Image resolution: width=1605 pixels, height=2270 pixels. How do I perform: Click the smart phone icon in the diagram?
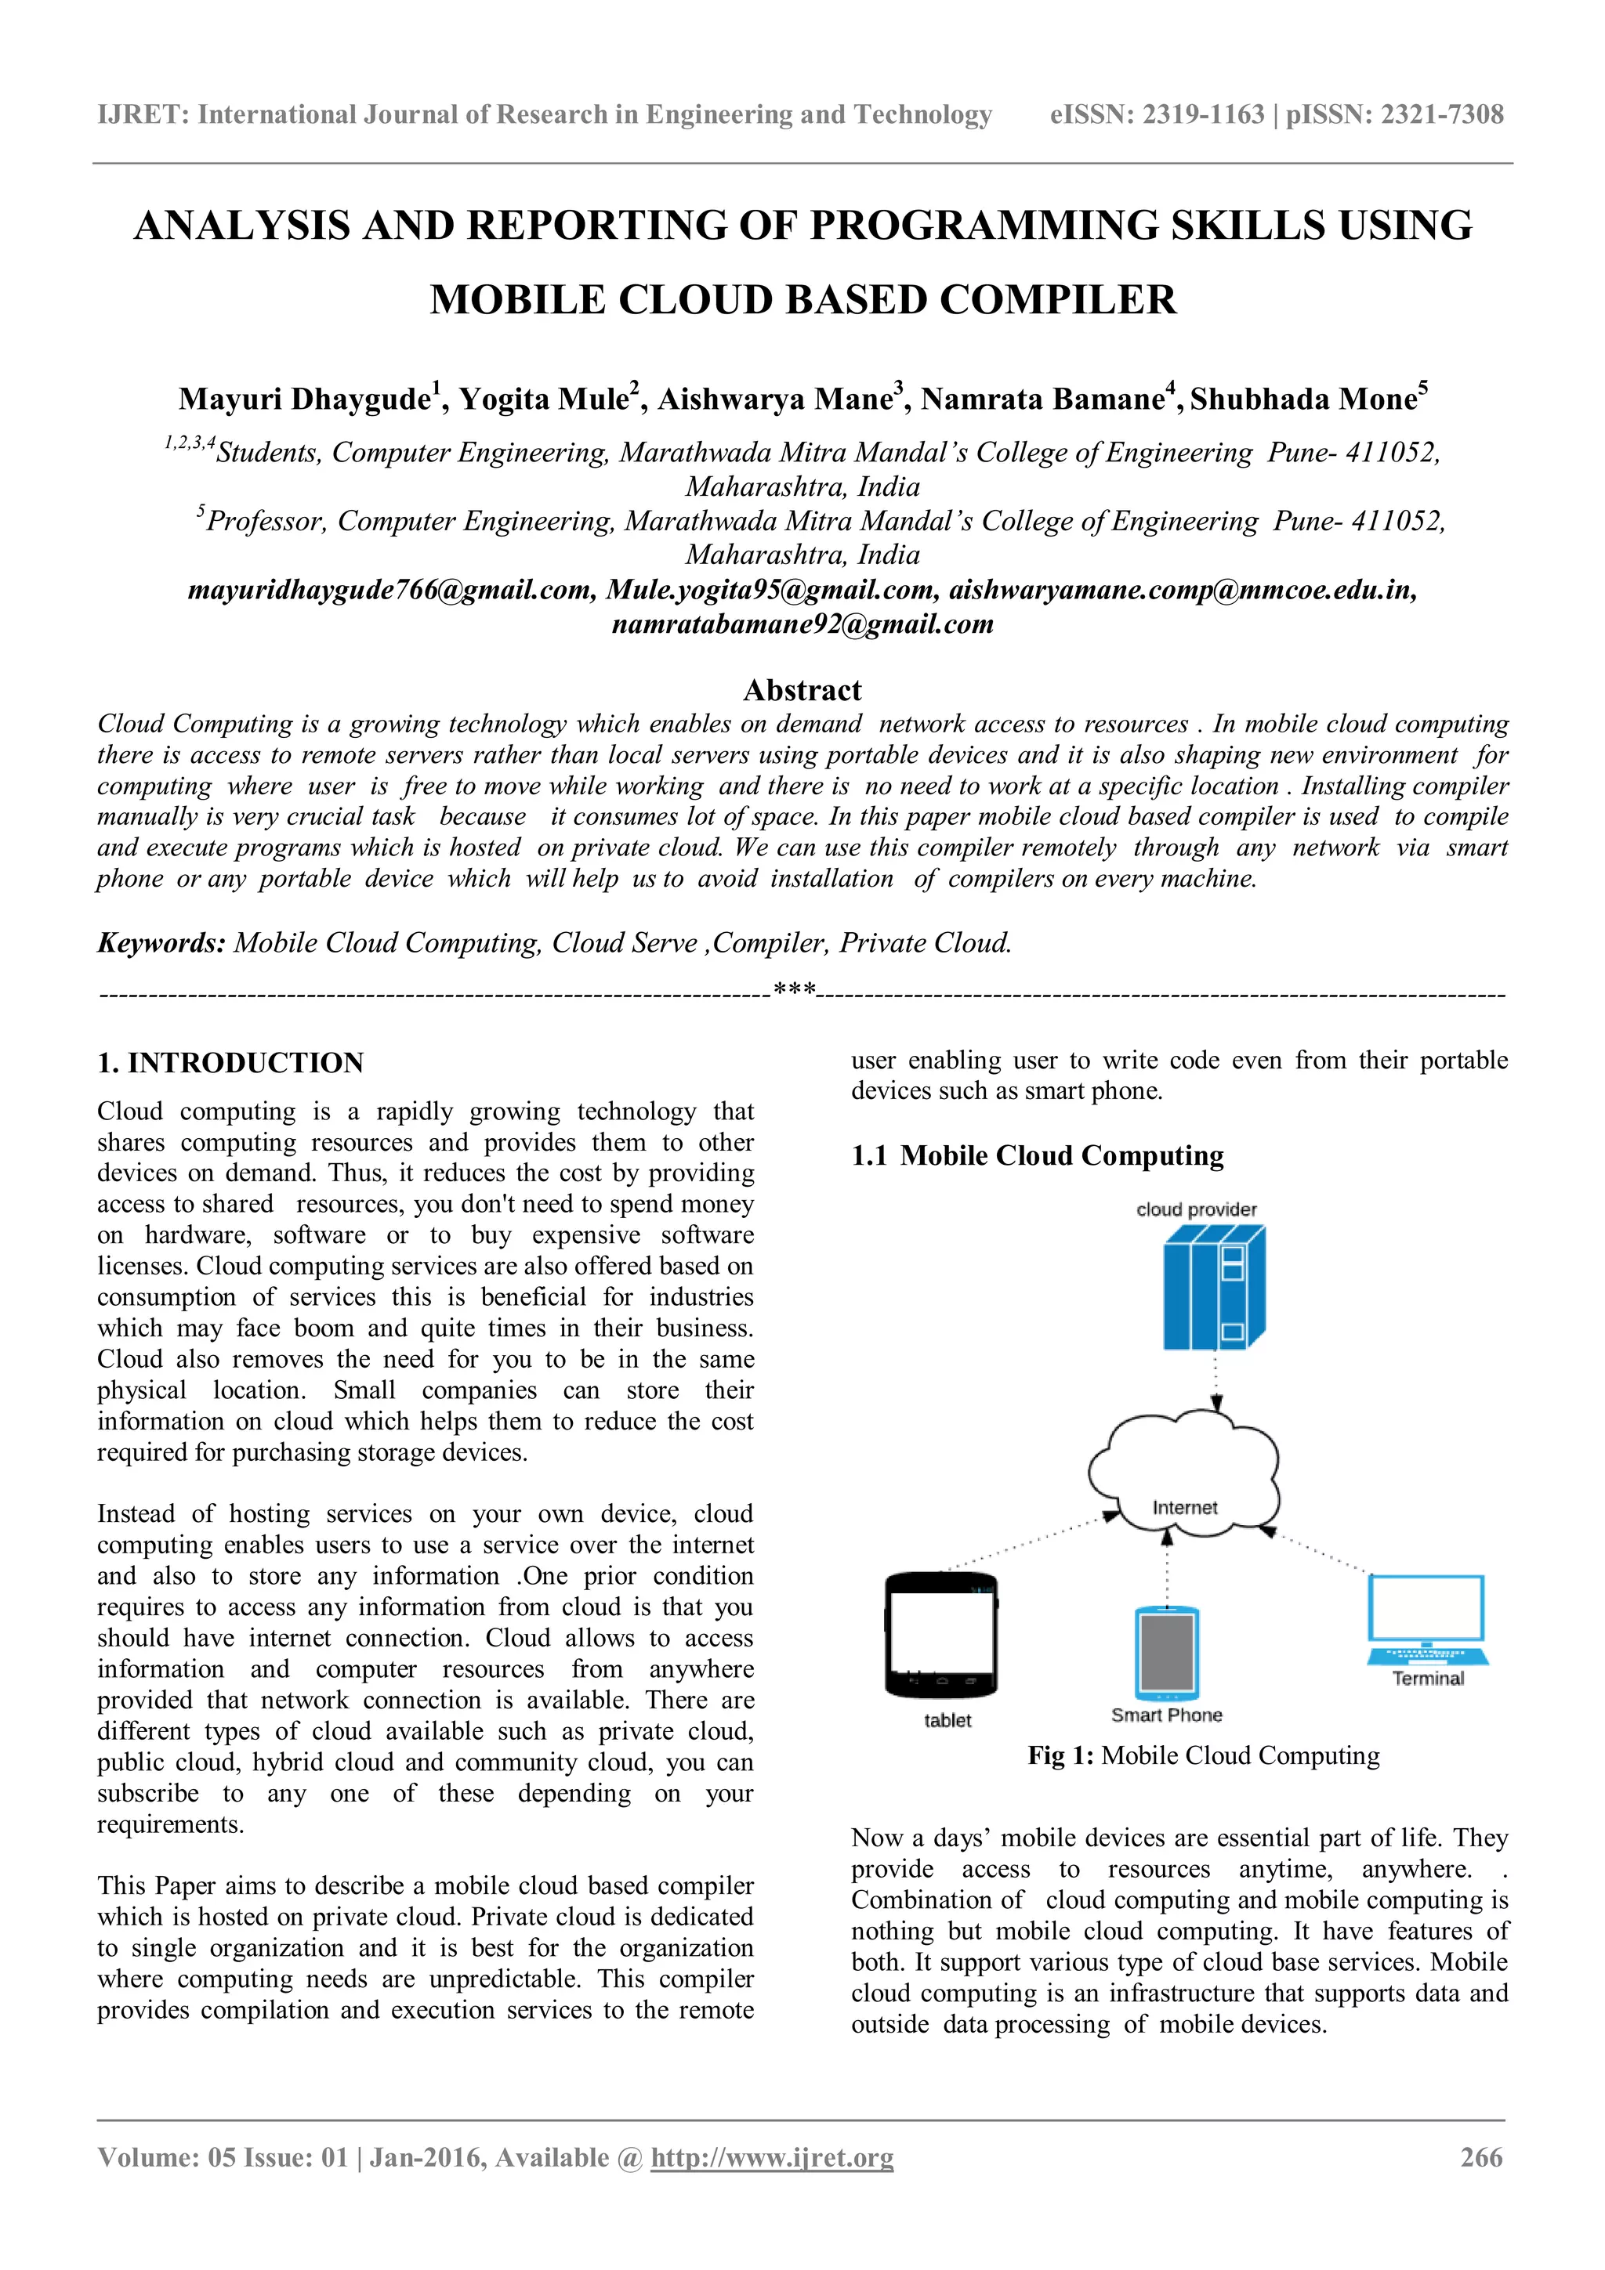(1167, 1652)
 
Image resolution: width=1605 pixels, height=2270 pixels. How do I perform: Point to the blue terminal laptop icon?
(1427, 1619)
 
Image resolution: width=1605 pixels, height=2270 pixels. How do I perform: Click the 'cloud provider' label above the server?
(1196, 1209)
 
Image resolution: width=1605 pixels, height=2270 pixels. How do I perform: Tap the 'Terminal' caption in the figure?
(1427, 1678)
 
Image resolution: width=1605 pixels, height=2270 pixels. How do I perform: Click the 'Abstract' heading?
(802, 689)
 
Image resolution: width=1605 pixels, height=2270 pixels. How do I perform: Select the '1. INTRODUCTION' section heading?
(230, 1063)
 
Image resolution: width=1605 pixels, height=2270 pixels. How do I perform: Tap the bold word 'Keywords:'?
(161, 942)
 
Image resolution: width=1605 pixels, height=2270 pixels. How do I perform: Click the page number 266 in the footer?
(1480, 2157)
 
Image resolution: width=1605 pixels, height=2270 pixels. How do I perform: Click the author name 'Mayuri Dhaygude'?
(303, 399)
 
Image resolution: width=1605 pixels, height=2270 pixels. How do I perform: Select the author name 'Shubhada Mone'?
(1303, 399)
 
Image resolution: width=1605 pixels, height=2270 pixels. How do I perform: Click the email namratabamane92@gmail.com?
(802, 624)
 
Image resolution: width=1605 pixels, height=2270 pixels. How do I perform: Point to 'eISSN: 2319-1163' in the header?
(1156, 114)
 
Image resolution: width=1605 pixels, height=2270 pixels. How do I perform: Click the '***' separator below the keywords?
(794, 989)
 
